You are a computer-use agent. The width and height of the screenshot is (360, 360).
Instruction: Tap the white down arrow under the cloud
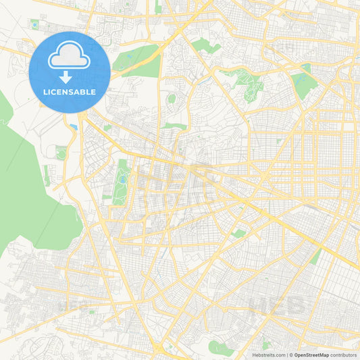point(70,77)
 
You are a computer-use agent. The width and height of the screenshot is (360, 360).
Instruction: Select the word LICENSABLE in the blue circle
point(70,92)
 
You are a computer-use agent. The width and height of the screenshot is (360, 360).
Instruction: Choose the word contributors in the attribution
point(344,355)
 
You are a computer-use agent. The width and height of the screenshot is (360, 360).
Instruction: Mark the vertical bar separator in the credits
point(288,355)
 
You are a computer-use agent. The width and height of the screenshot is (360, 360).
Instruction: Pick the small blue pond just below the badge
point(73,126)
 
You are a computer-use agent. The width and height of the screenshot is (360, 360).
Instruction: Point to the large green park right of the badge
point(135,59)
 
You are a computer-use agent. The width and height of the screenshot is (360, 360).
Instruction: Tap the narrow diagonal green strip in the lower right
point(315,257)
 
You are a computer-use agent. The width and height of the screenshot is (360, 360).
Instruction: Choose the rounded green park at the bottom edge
point(220,349)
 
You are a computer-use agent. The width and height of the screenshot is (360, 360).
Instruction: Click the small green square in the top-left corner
point(34,25)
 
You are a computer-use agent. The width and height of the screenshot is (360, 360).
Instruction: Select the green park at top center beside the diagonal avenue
point(204,46)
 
